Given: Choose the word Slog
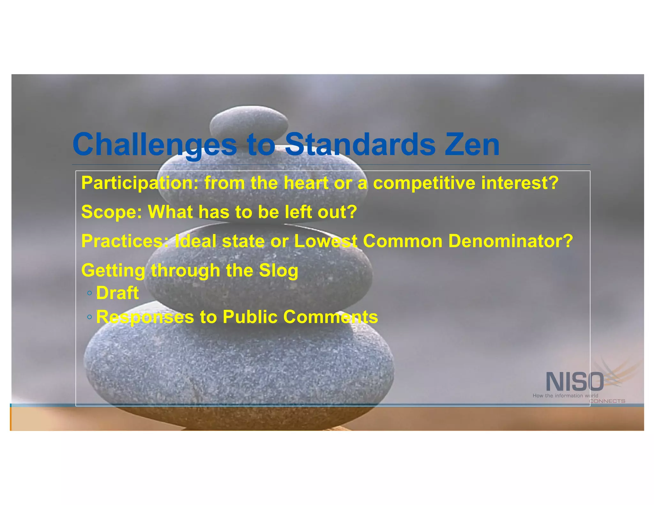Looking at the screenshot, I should point(278,270).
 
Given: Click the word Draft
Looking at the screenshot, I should point(117,293).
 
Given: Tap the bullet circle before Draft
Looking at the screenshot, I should point(89,293).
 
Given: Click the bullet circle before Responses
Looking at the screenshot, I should point(89,317).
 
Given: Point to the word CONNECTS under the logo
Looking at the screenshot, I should point(607,401).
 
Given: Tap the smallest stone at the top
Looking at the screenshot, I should point(249,123).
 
